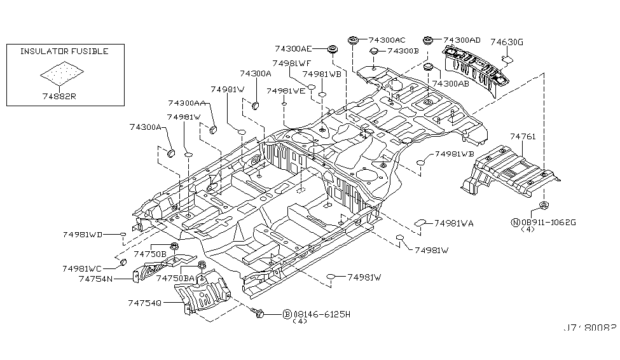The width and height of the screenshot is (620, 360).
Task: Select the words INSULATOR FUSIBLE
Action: click(x=64, y=52)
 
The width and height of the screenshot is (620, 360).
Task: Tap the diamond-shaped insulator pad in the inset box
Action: click(x=62, y=75)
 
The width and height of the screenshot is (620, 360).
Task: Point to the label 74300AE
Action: click(x=293, y=48)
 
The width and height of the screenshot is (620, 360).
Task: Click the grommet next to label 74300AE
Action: click(x=331, y=49)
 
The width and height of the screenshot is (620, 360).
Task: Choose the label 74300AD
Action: click(x=462, y=39)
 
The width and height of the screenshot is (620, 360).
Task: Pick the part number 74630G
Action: click(x=507, y=42)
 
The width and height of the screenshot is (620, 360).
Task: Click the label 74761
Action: click(x=523, y=136)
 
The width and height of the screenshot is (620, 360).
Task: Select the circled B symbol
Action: click(x=287, y=314)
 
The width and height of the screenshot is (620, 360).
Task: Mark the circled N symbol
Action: click(x=515, y=222)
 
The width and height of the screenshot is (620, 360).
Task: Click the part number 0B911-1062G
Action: click(x=548, y=222)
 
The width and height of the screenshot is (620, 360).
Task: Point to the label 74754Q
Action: click(x=146, y=303)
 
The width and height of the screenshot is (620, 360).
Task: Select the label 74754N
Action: click(x=96, y=278)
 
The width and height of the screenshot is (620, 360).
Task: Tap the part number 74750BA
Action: click(x=176, y=278)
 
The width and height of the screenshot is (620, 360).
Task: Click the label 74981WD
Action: click(x=83, y=235)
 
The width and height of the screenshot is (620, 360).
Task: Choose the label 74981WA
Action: click(x=454, y=223)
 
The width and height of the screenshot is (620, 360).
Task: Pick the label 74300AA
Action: click(x=186, y=103)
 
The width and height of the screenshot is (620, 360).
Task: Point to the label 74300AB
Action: click(x=451, y=83)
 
